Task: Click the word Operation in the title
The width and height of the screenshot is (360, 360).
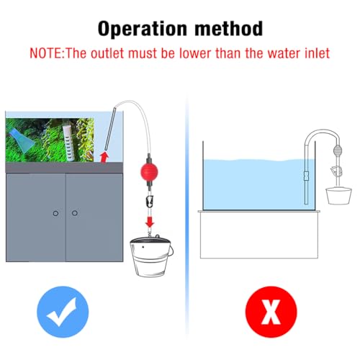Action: coord(141,30)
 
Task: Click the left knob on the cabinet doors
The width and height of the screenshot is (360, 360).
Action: coord(55,213)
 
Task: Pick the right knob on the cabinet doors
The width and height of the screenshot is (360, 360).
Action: coord(74,213)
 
